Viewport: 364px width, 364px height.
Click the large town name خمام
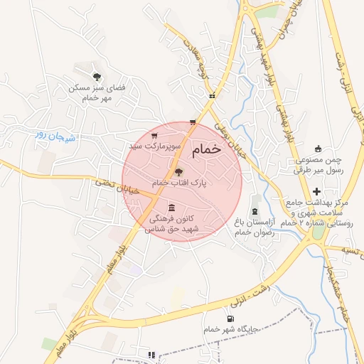207,149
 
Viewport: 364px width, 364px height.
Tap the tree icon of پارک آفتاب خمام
178,171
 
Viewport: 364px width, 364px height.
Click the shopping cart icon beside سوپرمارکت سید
154,135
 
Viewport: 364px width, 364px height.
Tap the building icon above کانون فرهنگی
171,207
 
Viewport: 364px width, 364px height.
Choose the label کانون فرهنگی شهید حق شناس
173,224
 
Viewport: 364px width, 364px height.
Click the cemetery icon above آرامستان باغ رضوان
255,211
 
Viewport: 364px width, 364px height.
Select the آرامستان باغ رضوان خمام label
254,227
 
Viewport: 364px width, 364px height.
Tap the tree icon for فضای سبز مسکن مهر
97,76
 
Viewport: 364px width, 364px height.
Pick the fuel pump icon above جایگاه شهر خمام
230,318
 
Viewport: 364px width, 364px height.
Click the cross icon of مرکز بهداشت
316,192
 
